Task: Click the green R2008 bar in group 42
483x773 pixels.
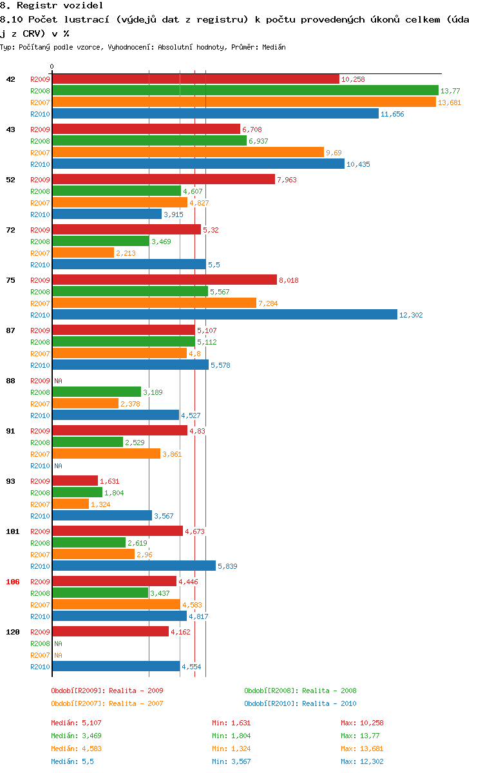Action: [245, 91]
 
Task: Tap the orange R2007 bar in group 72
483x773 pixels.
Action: [83, 253]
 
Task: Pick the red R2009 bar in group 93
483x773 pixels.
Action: [75, 481]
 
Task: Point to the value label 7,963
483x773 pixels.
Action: [288, 180]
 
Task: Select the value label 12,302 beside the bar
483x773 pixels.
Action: [412, 315]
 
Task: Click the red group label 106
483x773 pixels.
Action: [13, 582]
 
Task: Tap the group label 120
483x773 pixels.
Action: [13, 632]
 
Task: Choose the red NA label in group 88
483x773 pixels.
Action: [58, 381]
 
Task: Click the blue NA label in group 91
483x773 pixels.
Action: [58, 466]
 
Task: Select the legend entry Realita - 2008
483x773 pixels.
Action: [300, 691]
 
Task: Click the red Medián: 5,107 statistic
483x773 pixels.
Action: [76, 723]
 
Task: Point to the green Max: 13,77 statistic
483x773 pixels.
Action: [362, 736]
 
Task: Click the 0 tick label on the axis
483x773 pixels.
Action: [52, 66]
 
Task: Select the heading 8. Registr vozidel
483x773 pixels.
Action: [52, 5]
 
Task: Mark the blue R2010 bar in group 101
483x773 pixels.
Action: [134, 566]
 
